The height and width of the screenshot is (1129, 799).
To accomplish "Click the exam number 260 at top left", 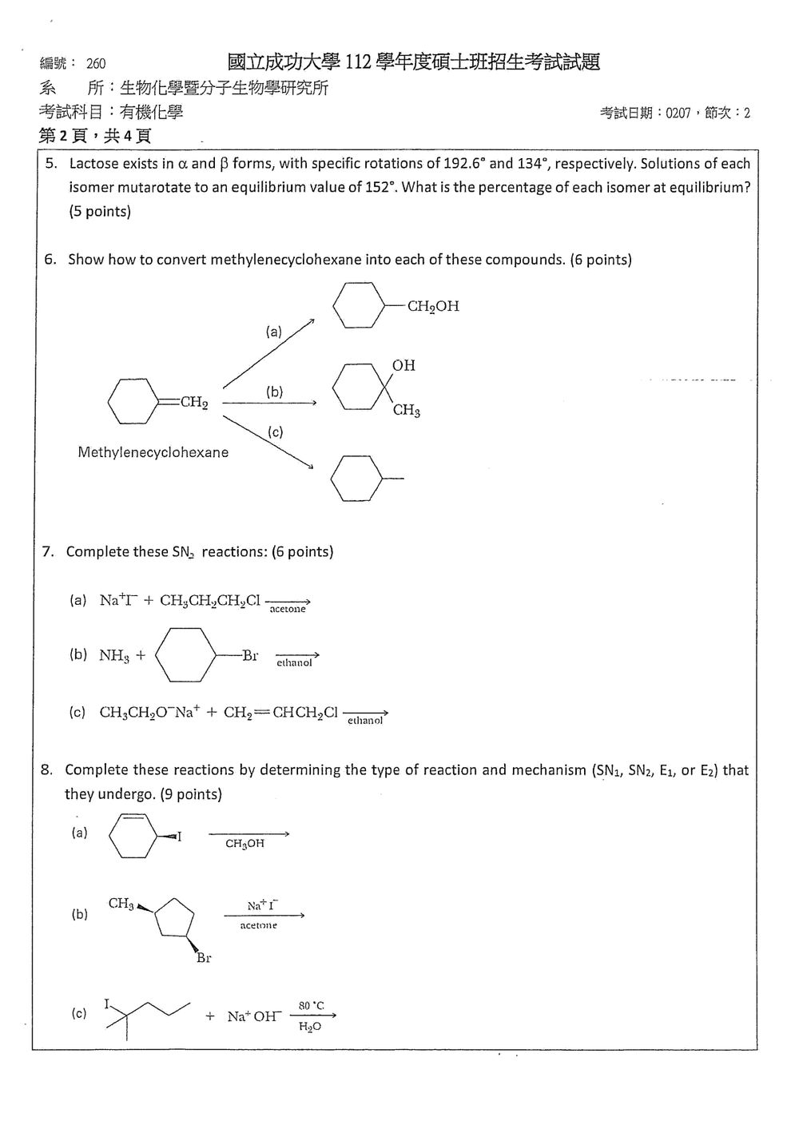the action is (96, 63).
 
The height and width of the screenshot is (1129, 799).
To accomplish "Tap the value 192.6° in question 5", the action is (465, 163).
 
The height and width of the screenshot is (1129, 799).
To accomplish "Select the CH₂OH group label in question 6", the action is (433, 307).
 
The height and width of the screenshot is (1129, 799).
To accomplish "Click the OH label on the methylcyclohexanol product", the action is (403, 365).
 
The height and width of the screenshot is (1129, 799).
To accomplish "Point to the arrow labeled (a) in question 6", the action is (268, 353).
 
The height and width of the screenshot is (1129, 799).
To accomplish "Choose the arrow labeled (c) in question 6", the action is (268, 442).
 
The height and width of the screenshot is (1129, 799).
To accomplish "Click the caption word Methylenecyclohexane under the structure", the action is (153, 452).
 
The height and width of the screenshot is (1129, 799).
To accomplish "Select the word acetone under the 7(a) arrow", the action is (288, 609).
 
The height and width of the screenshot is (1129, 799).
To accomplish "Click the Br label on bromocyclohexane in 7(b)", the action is (250, 655).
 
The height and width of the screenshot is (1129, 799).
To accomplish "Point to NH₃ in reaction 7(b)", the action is (114, 655).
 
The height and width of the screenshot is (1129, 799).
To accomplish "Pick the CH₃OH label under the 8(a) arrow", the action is (244, 843).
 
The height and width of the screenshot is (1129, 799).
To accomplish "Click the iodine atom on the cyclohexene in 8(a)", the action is (180, 837).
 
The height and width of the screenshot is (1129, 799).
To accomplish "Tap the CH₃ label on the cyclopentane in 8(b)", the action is (121, 903).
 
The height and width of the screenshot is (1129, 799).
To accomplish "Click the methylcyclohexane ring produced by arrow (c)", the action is (356, 479).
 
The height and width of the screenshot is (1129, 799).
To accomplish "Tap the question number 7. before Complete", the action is (48, 551).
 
